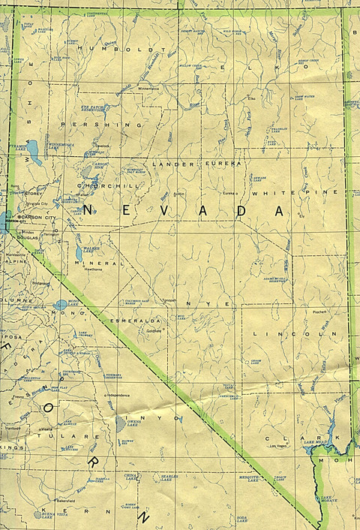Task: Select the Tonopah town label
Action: [x=168, y=300]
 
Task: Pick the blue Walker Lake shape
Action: [x=79, y=254]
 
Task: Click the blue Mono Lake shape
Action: [x=61, y=305]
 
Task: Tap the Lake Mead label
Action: [x=314, y=443]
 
